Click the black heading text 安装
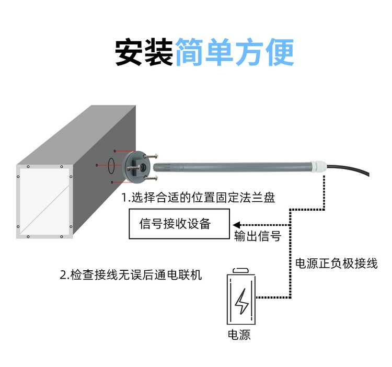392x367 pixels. click(x=144, y=52)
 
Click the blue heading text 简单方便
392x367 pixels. click(x=235, y=52)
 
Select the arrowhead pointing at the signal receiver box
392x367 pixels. click(x=236, y=225)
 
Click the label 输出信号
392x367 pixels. click(x=258, y=236)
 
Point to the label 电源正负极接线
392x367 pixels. click(x=336, y=263)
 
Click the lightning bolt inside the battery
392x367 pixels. click(x=241, y=301)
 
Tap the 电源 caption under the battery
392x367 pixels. click(x=239, y=335)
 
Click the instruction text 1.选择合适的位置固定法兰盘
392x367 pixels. click(x=198, y=198)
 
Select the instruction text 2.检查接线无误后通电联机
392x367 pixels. click(x=131, y=275)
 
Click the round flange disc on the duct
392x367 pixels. click(x=136, y=167)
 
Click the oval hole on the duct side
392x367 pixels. click(x=111, y=166)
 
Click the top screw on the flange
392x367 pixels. click(x=151, y=156)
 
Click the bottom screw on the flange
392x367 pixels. click(x=151, y=178)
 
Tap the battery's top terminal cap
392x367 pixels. click(x=241, y=270)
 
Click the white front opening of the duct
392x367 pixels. click(x=44, y=202)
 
